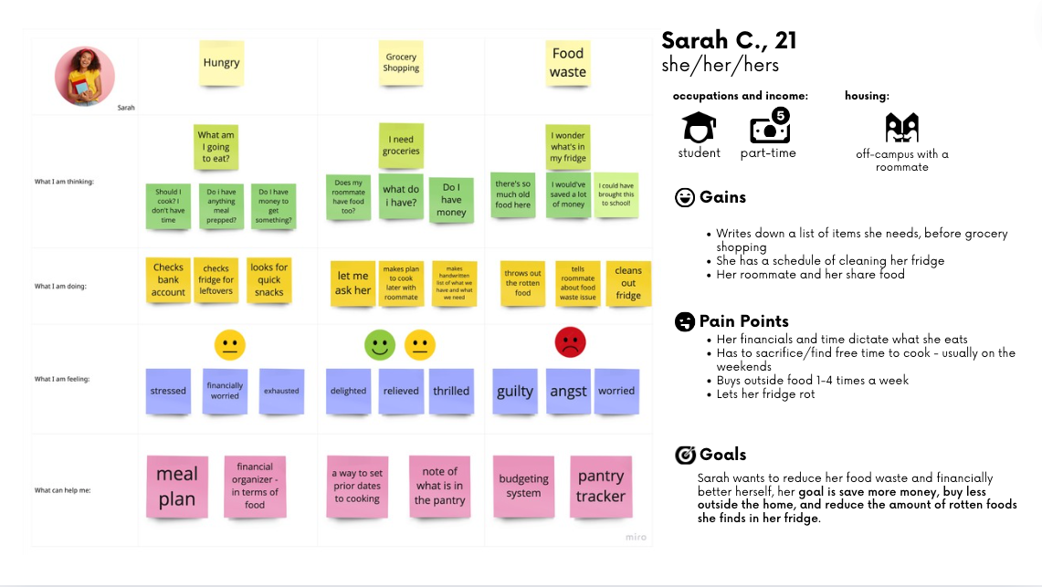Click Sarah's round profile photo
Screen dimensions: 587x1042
pyautogui.click(x=85, y=77)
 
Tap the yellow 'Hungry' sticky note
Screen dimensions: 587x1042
pyautogui.click(x=221, y=63)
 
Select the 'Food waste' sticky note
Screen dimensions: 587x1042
pyautogui.click(x=568, y=64)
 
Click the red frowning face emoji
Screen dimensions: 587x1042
pyautogui.click(x=570, y=342)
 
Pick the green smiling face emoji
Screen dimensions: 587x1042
pyautogui.click(x=380, y=344)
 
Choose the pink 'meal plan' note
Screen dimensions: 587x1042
pyautogui.click(x=177, y=487)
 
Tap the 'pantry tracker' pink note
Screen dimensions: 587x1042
pyautogui.click(x=601, y=487)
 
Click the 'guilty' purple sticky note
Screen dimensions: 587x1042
pyautogui.click(x=515, y=391)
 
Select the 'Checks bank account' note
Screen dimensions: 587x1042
pyautogui.click(x=169, y=280)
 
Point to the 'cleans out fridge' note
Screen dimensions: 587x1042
pyautogui.click(x=628, y=282)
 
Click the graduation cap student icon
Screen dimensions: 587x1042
pyautogui.click(x=700, y=128)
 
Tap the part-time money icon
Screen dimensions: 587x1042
pyautogui.click(x=769, y=128)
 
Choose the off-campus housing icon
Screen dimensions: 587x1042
pyautogui.click(x=901, y=128)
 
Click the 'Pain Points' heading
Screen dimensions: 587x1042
pyautogui.click(x=743, y=321)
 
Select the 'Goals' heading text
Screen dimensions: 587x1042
pyautogui.click(x=722, y=455)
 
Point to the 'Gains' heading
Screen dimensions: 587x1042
pyautogui.click(x=722, y=197)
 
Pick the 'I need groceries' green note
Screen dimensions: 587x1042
pyautogui.click(x=401, y=146)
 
